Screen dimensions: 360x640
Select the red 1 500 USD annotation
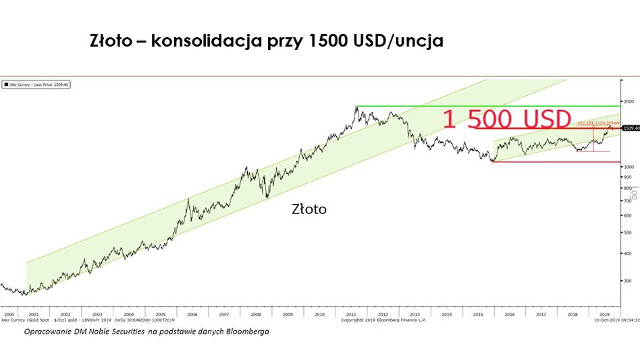508,120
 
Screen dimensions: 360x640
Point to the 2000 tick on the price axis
629,101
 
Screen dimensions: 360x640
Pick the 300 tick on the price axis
628,280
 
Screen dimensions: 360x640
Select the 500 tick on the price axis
628,232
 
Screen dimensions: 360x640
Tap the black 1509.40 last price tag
631,128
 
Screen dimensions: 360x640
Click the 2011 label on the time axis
351,315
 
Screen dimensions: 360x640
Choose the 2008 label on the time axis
256,315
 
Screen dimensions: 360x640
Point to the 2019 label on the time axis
605,315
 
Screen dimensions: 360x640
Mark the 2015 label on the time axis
478,315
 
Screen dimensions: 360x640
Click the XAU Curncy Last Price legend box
38,84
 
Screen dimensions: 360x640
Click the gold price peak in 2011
356,107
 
